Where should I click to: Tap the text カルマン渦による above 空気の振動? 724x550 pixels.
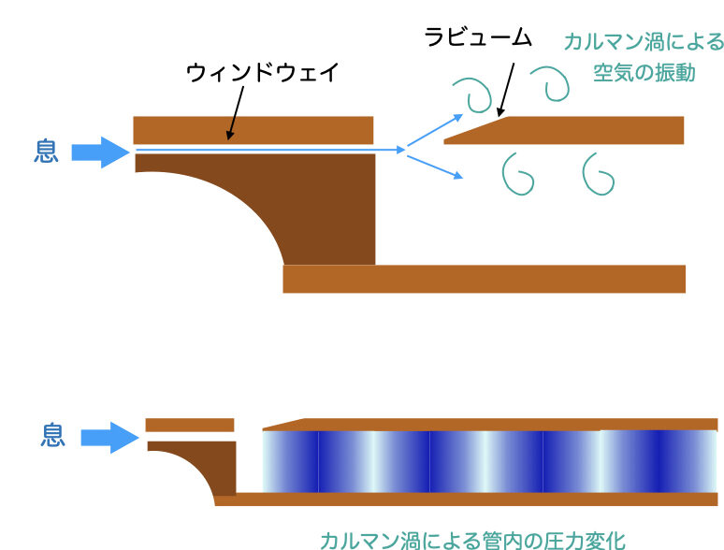(644, 42)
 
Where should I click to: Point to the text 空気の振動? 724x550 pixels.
(644, 72)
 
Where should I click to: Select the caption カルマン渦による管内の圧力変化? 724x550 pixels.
(471, 539)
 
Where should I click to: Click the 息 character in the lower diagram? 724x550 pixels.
(53, 435)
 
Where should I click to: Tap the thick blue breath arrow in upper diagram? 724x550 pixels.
(100, 152)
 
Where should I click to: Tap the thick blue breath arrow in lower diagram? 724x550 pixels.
(110, 437)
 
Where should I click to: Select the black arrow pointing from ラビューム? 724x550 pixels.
(507, 85)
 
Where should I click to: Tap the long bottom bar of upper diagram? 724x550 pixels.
(484, 279)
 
